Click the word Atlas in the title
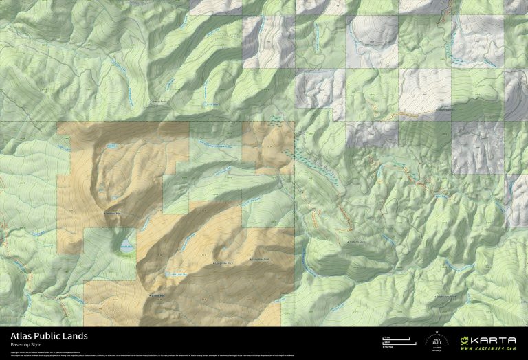pyautogui.click(x=21, y=336)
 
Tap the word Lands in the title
pyautogui.click(x=76, y=336)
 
